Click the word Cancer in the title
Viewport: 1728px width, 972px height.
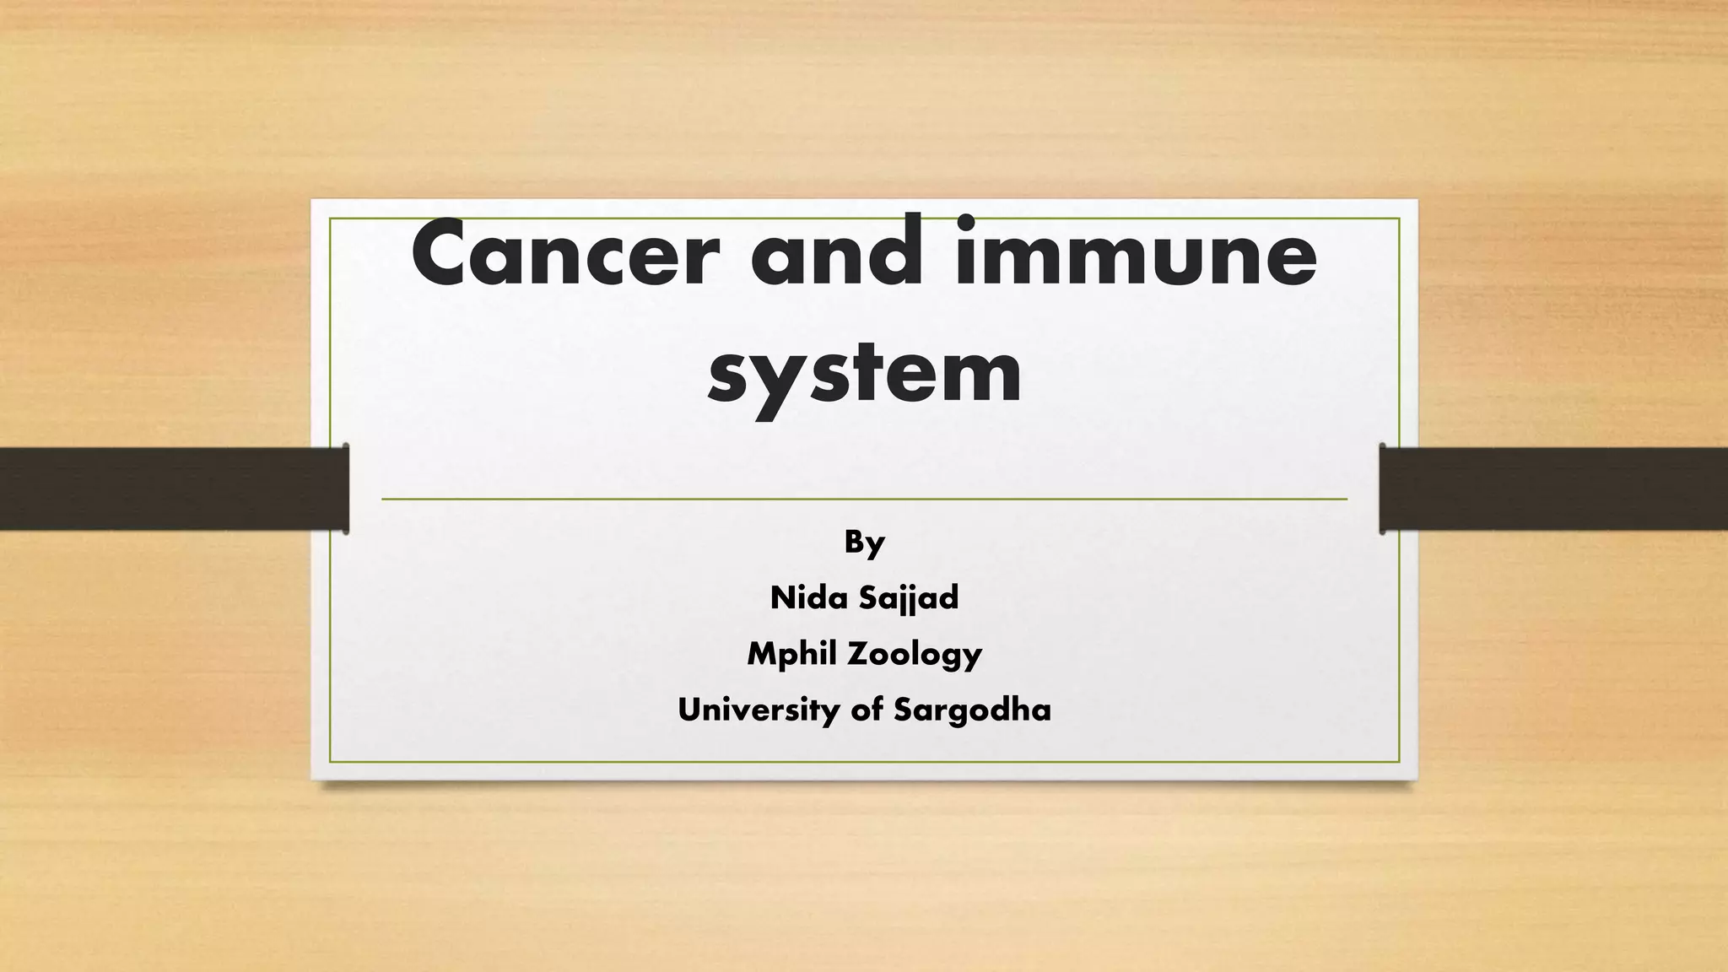(562, 254)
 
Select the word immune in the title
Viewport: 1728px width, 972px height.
(1136, 254)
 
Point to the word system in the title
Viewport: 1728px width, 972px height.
(865, 372)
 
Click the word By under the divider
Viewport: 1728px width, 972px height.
(864, 543)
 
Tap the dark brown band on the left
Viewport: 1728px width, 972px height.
(169, 489)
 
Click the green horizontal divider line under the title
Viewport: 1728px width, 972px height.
(864, 499)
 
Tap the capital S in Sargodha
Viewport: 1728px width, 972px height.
(903, 710)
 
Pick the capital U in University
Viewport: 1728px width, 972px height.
(689, 710)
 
